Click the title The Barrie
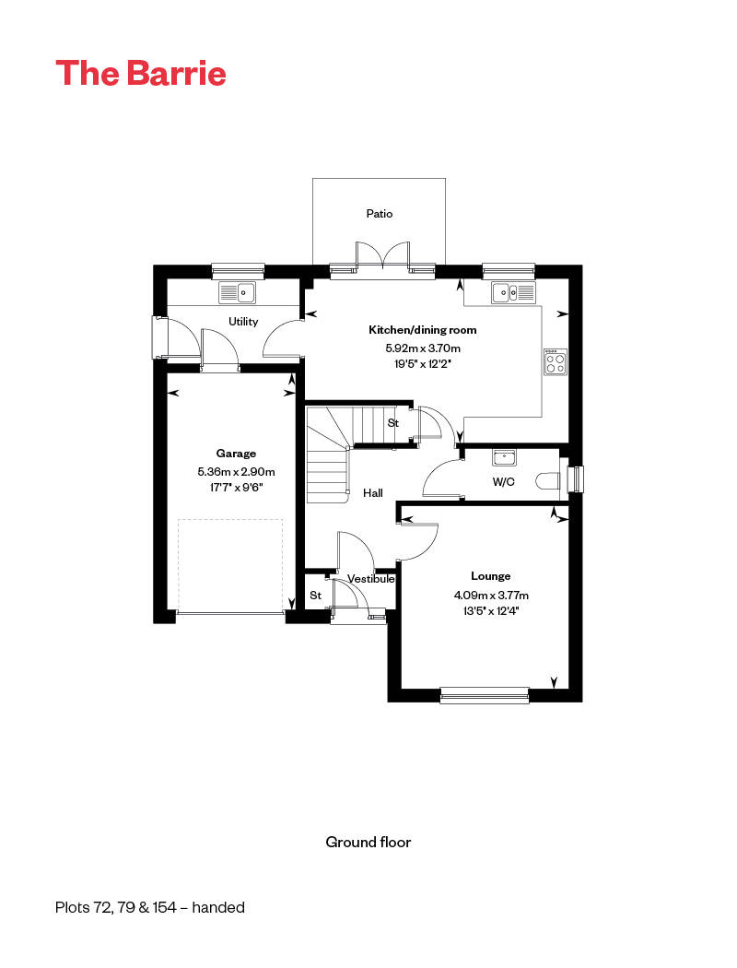point(141,73)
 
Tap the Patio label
point(379,214)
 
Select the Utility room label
point(243,322)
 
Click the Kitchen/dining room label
point(423,330)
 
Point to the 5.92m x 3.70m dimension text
point(423,348)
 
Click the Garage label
point(236,454)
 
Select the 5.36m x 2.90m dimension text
point(236,472)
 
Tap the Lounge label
point(490,576)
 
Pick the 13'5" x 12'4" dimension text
point(490,610)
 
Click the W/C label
point(503,481)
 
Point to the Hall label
point(372,493)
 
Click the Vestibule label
point(371,579)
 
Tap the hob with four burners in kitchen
point(555,362)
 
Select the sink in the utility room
point(237,293)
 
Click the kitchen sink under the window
point(512,293)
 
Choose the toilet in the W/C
point(548,480)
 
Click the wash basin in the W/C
point(503,457)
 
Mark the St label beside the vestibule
point(315,596)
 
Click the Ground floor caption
point(368,842)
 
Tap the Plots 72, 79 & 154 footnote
point(150,907)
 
